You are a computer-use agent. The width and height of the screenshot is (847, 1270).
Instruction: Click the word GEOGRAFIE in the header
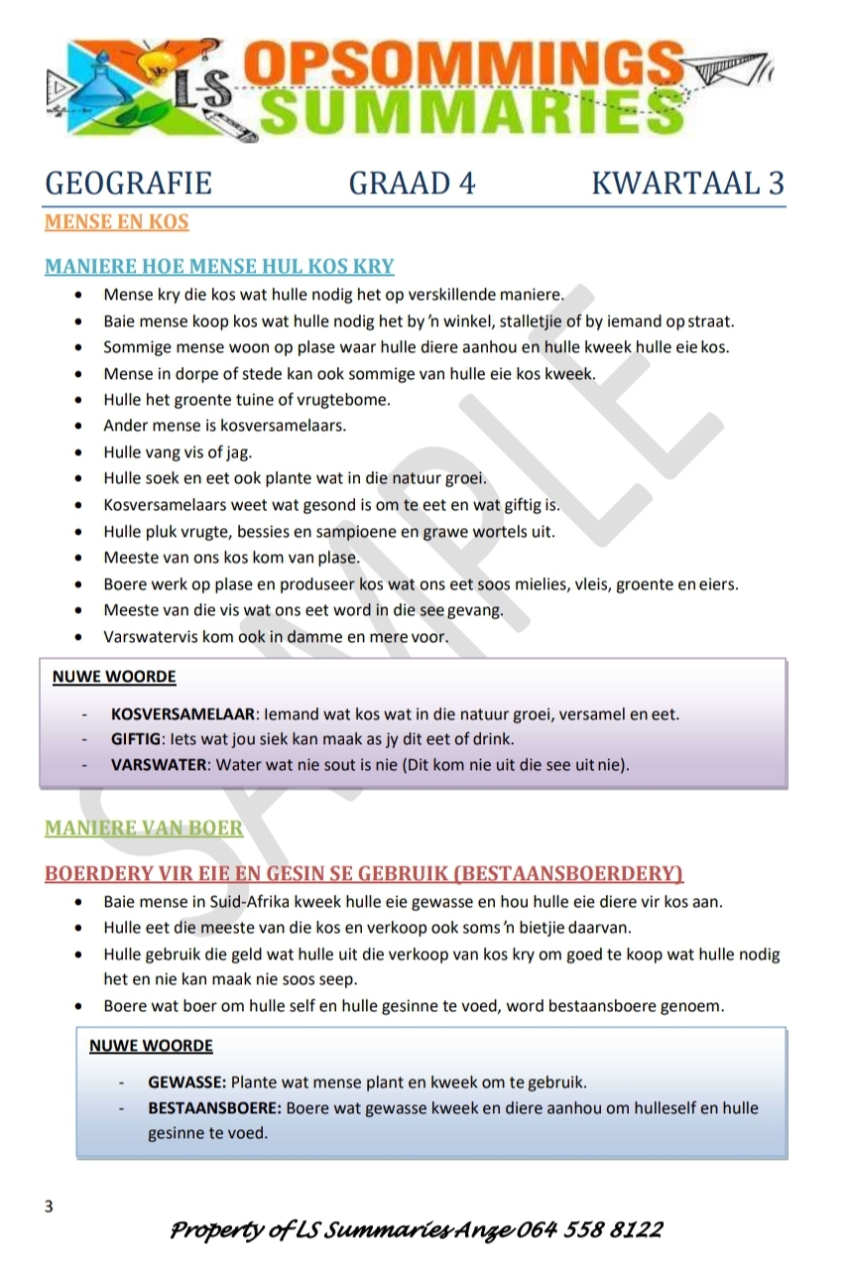[x=129, y=184]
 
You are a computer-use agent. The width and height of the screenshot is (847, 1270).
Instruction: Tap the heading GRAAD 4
[x=412, y=184]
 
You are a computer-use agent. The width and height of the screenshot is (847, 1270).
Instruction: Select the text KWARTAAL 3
[x=687, y=184]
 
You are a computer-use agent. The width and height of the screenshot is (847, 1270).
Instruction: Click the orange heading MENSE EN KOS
[x=116, y=222]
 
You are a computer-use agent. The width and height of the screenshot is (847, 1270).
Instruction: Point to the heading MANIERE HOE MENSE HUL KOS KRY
[x=219, y=266]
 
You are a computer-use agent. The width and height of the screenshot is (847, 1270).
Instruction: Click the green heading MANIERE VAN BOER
[x=144, y=827]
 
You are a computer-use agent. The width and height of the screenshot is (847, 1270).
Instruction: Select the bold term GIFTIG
[x=137, y=739]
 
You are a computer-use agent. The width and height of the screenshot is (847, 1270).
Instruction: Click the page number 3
[x=49, y=1206]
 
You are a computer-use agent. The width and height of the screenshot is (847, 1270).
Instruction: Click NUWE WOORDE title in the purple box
[x=114, y=678]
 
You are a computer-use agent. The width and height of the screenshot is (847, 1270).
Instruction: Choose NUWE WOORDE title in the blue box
[x=151, y=1046]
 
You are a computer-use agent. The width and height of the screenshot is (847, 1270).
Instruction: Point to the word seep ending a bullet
[x=337, y=979]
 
